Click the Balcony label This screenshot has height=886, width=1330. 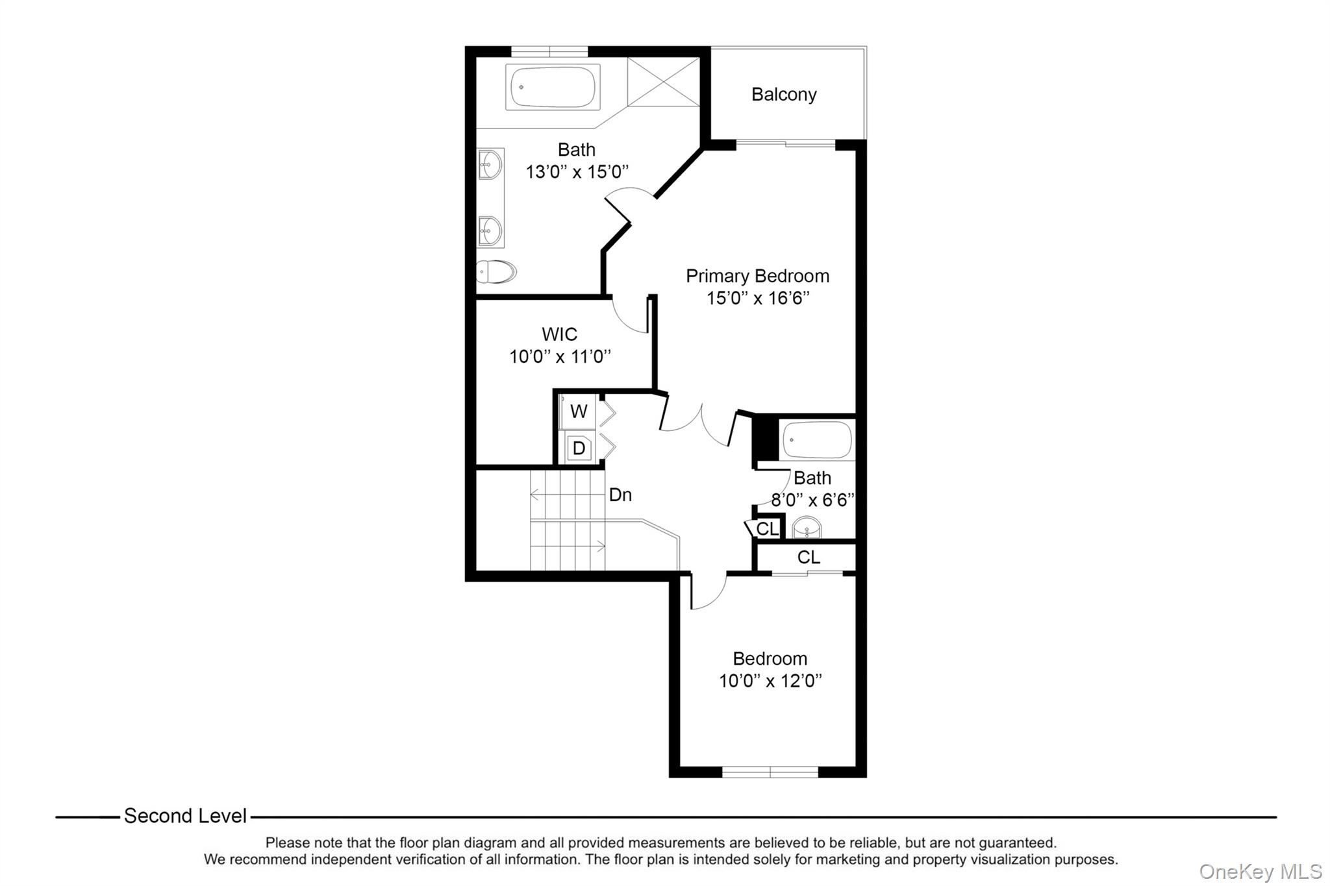(784, 95)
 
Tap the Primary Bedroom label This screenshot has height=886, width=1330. (757, 276)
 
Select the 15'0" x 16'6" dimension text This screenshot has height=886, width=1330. (757, 299)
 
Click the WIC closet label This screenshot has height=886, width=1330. (559, 334)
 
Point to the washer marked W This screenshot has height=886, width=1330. (579, 412)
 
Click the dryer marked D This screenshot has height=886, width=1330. (579, 448)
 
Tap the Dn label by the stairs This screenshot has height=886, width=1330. (620, 495)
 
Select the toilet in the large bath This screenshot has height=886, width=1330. (496, 271)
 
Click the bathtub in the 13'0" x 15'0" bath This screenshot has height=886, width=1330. (553, 87)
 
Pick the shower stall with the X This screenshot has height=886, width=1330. (663, 81)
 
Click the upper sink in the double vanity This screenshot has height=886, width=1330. (490, 164)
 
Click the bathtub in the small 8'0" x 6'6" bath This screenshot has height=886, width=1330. (817, 439)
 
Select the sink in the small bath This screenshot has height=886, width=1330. (807, 528)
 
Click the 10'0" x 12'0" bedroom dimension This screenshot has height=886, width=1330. (770, 682)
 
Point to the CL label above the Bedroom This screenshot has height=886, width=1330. (809, 558)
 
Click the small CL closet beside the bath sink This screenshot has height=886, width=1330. (767, 529)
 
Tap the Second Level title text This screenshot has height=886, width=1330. (185, 817)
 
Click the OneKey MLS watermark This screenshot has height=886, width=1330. (1260, 871)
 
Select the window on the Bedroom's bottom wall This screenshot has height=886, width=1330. (770, 772)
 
